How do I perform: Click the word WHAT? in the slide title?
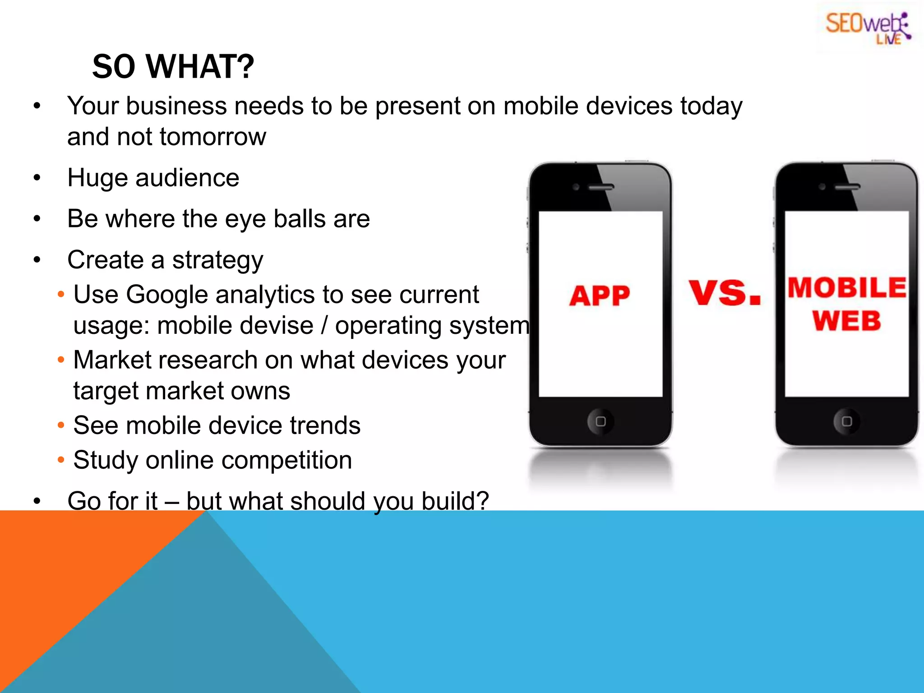pos(200,67)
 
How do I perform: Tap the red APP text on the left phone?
pos(599,296)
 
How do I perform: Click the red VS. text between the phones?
pos(725,293)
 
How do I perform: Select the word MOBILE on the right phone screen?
pos(847,288)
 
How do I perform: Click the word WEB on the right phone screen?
pos(846,321)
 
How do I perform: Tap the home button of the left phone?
pos(601,421)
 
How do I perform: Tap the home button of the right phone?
pos(847,421)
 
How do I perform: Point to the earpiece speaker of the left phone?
pos(601,187)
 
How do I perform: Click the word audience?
pos(187,178)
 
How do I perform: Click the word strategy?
pos(217,261)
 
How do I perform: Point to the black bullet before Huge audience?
pos(37,178)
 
